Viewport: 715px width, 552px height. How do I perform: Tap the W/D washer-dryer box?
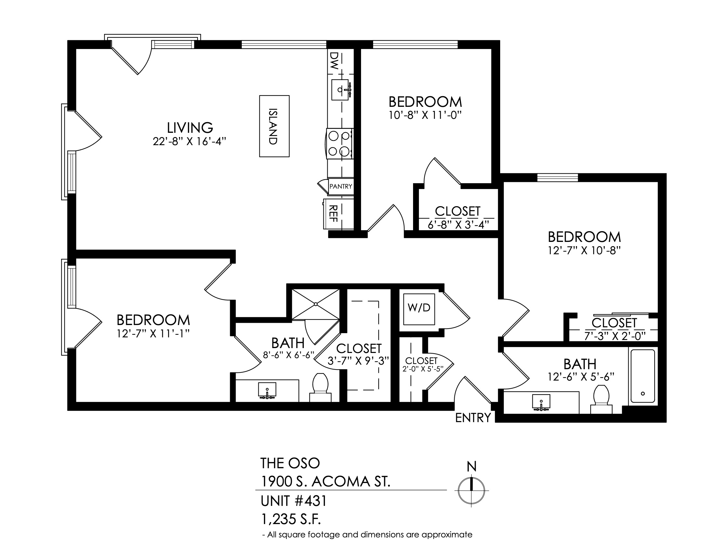pyautogui.click(x=419, y=309)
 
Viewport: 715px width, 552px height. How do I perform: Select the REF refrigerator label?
pyautogui.click(x=333, y=213)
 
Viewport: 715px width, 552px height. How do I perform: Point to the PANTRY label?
pyautogui.click(x=341, y=186)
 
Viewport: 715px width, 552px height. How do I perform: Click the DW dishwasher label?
pyautogui.click(x=333, y=61)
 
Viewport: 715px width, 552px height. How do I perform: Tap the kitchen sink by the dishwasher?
pyautogui.click(x=341, y=90)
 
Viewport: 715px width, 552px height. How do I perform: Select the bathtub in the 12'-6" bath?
pyautogui.click(x=643, y=376)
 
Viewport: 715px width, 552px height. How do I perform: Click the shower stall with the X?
pyautogui.click(x=316, y=304)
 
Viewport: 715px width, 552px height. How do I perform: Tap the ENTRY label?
pyautogui.click(x=473, y=418)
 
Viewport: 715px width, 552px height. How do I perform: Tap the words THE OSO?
pyautogui.click(x=290, y=463)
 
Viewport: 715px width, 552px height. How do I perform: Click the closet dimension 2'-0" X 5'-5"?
pyautogui.click(x=423, y=369)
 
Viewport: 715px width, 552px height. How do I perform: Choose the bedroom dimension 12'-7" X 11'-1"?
pyautogui.click(x=153, y=333)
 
